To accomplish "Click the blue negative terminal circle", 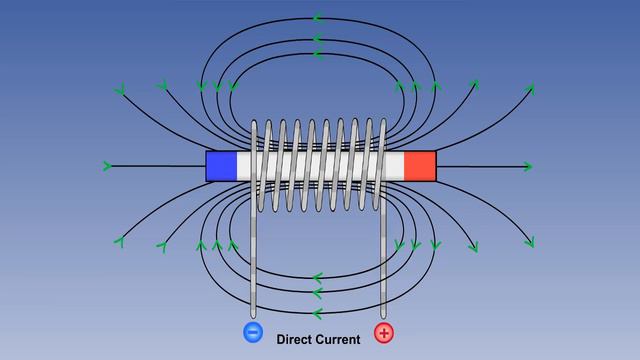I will [x=252, y=332].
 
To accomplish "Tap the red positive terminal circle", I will [x=384, y=332].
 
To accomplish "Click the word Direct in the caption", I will [x=296, y=340].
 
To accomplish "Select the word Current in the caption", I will [x=340, y=340].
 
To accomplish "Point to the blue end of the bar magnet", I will [x=221, y=166].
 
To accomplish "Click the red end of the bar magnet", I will [x=421, y=166].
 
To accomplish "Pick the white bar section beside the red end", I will [x=393, y=166].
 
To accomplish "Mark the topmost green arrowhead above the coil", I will [x=318, y=18].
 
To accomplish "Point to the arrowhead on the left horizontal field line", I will [x=107, y=165].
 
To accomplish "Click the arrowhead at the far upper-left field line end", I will [x=121, y=92].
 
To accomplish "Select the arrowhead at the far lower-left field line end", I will [x=120, y=240].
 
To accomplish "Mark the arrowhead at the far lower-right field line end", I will [x=529, y=241].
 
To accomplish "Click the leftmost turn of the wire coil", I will [x=259, y=165].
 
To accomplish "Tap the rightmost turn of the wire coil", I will [x=379, y=165].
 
